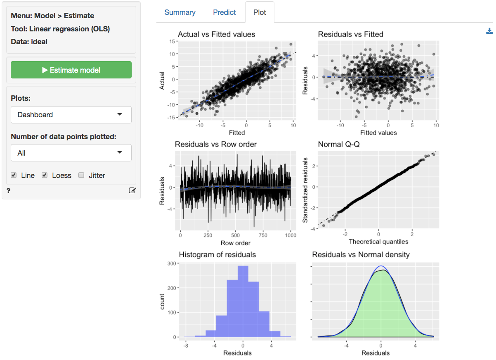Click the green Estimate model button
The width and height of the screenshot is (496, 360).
(71, 70)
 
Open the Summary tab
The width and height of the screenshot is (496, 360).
(180, 12)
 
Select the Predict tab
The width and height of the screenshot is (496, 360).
(224, 12)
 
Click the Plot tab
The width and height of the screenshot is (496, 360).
(260, 12)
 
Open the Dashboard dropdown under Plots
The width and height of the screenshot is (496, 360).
(71, 115)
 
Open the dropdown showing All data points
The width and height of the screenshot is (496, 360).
(71, 153)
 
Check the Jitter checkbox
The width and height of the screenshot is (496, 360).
(81, 175)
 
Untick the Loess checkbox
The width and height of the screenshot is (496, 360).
(45, 175)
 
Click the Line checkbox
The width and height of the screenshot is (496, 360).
(14, 175)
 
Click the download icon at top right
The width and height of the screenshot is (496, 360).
(489, 31)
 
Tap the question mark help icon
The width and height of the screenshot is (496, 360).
(8, 190)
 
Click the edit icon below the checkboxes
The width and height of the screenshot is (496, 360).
(132, 190)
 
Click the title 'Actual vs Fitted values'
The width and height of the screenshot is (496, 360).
(216, 35)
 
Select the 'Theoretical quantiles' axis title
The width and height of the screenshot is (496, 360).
(378, 242)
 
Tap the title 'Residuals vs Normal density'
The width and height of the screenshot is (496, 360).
(361, 255)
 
